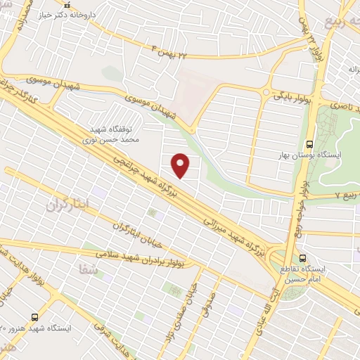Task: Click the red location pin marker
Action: point(181,165)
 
